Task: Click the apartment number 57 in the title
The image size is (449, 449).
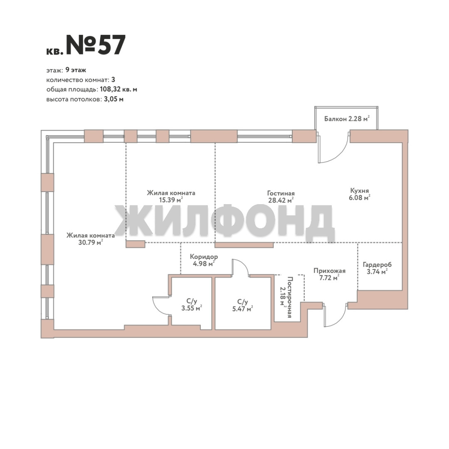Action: pyautogui.click(x=111, y=45)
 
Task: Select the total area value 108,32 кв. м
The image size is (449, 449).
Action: pyautogui.click(x=118, y=89)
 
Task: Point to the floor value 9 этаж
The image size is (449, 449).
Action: pyautogui.click(x=76, y=70)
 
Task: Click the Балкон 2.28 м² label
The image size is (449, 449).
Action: pyautogui.click(x=346, y=118)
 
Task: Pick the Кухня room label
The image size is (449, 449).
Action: pyautogui.click(x=359, y=190)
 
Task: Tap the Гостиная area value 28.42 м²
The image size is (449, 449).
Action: pyautogui.click(x=281, y=200)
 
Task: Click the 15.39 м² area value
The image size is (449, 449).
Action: pyautogui.click(x=171, y=200)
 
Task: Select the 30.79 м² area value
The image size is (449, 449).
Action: pyautogui.click(x=91, y=242)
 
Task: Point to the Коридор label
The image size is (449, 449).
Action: pyautogui.click(x=204, y=257)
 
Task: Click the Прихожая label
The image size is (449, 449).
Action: pyautogui.click(x=329, y=271)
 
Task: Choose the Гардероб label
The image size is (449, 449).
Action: pyautogui.click(x=377, y=264)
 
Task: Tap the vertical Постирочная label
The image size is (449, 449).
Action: pyautogui.click(x=290, y=297)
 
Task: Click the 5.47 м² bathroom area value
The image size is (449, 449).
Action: pyautogui.click(x=242, y=308)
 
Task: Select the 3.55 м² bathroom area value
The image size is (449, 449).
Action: pyautogui.click(x=192, y=308)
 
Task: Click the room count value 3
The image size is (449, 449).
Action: pyautogui.click(x=113, y=79)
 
